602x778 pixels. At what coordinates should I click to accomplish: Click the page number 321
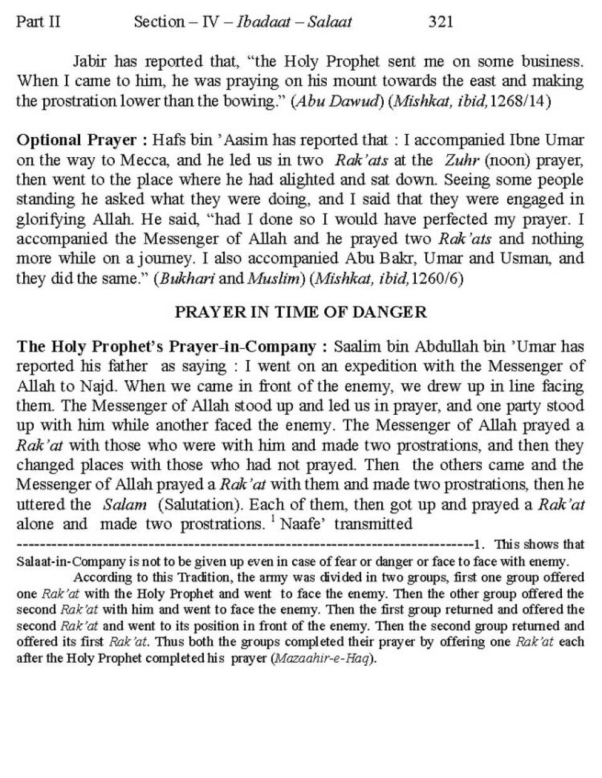point(440,22)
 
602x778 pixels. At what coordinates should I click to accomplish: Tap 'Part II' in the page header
point(38,22)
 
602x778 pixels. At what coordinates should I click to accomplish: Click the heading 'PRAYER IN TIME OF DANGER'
point(300,312)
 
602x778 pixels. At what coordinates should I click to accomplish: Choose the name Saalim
point(355,346)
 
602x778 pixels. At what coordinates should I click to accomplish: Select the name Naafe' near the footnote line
point(304,524)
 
